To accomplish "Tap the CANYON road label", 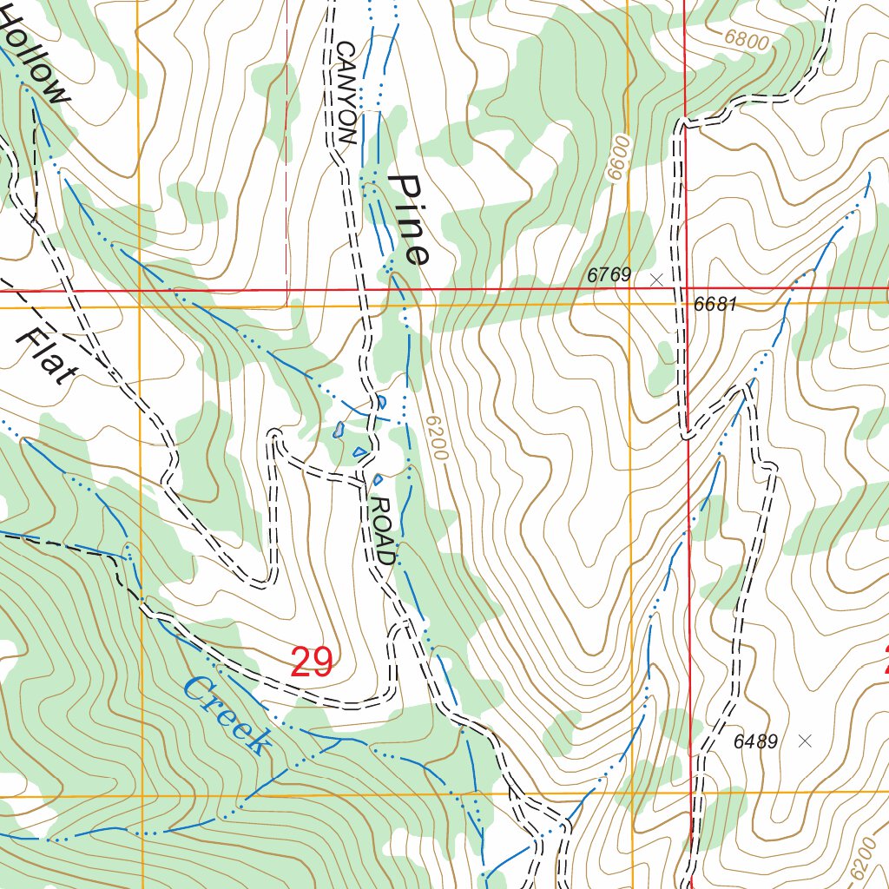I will pos(346,92).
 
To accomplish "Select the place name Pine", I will pos(409,220).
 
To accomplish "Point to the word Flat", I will pos(46,357).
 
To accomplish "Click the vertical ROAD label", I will pos(383,530).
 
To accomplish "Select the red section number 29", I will pos(312,662).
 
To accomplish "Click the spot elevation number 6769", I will pos(609,275).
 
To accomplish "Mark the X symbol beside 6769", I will pos(656,280).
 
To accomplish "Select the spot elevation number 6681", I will pos(715,305).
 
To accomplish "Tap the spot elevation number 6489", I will pos(756,741).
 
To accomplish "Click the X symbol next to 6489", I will pos(805,741).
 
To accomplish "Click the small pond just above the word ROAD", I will pos(378,478).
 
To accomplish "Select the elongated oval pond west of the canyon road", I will pos(339,430).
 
